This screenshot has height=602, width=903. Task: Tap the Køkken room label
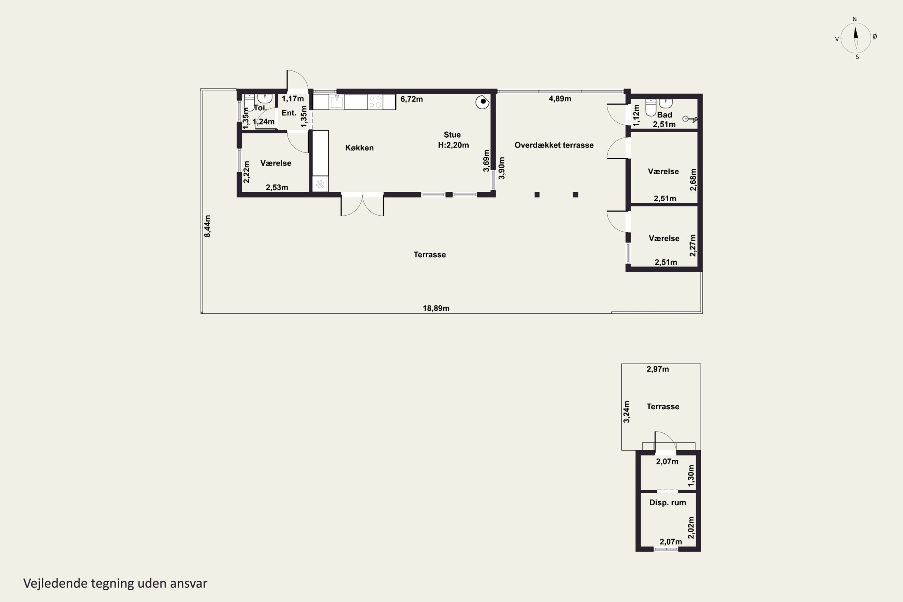click(x=359, y=148)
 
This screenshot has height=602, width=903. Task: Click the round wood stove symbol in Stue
click(x=482, y=102)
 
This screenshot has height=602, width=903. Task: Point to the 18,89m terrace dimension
click(x=436, y=308)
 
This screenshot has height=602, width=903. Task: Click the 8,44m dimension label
click(x=207, y=226)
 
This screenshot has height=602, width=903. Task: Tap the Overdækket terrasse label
click(x=554, y=145)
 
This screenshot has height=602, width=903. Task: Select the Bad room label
click(x=665, y=115)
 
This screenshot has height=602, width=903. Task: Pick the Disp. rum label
click(x=668, y=503)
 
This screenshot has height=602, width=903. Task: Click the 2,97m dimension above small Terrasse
click(x=658, y=369)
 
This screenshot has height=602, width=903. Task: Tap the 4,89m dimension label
click(x=560, y=99)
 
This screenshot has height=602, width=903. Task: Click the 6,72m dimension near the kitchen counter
click(x=411, y=99)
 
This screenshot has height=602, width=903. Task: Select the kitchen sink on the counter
click(x=337, y=102)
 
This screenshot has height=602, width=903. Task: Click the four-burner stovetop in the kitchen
click(x=375, y=102)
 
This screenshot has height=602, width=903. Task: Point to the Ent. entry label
click(x=289, y=113)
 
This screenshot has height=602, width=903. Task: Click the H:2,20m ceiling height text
click(x=453, y=145)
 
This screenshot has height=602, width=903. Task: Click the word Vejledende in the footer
click(x=55, y=583)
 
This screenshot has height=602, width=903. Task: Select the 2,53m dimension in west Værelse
click(x=277, y=187)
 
